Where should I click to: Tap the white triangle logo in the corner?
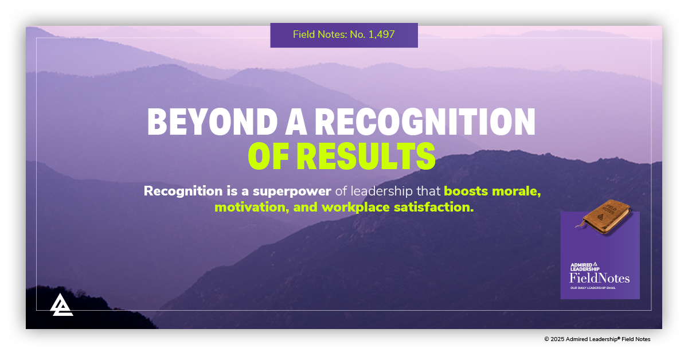[x=61, y=304]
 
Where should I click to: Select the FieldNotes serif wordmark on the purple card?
[x=599, y=278]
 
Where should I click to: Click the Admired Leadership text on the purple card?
[x=584, y=267]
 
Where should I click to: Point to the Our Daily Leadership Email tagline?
[x=593, y=288]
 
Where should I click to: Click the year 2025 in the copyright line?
[x=557, y=339]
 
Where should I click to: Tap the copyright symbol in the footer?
[x=546, y=339]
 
